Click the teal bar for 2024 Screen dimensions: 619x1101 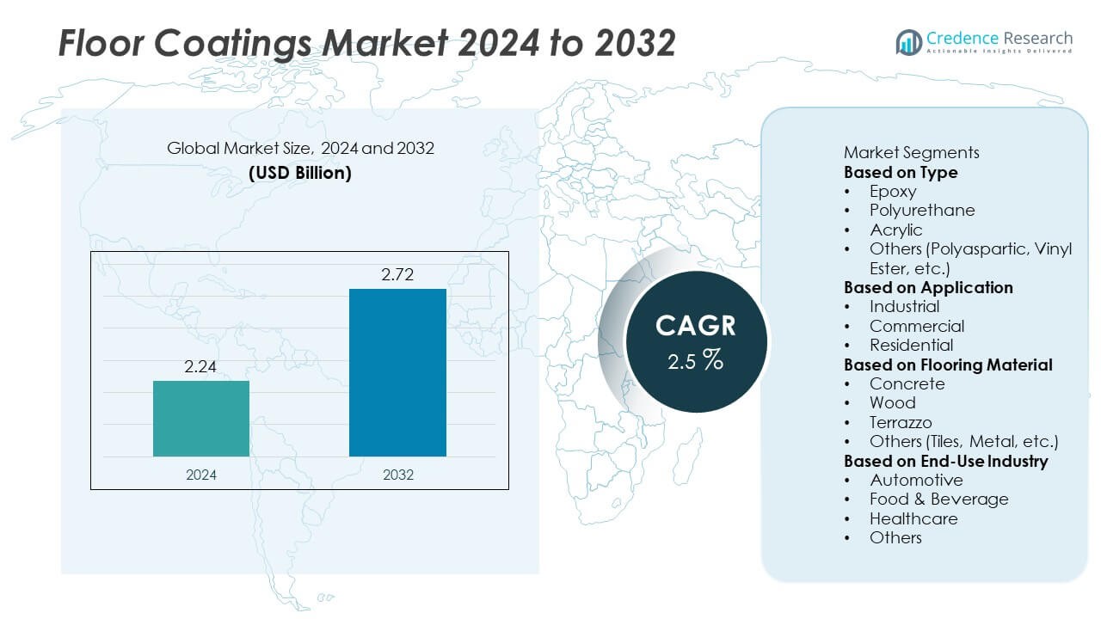tap(201, 418)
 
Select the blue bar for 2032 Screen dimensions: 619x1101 tap(397, 372)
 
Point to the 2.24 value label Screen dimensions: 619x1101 tap(201, 367)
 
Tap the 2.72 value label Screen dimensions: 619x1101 tap(397, 275)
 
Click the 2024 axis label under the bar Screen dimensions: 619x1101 tap(201, 474)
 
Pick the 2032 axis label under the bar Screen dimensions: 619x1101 tap(397, 474)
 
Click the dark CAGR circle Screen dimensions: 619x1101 tap(696, 342)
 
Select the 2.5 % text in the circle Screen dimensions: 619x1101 tap(696, 360)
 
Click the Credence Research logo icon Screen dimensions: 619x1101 tap(908, 41)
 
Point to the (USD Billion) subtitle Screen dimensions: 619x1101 tap(300, 172)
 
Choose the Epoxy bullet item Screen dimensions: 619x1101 tap(893, 192)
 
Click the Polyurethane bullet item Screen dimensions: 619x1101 tap(922, 211)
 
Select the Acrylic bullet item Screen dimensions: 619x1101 tap(895, 230)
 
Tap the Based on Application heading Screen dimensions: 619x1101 tap(928, 287)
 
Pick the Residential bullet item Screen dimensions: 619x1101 tap(911, 345)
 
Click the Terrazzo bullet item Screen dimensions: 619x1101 tap(901, 422)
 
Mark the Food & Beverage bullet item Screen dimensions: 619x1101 tap(938, 499)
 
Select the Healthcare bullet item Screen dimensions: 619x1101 tap(913, 518)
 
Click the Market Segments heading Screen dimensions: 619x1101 tap(911, 153)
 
